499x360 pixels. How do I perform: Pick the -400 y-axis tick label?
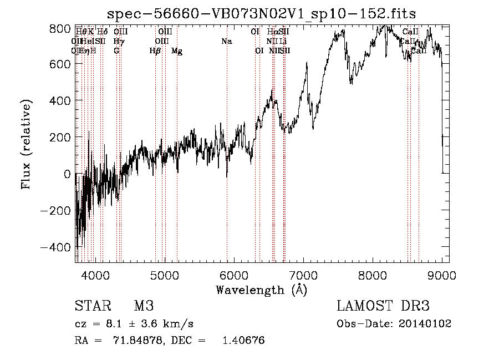point(55,247)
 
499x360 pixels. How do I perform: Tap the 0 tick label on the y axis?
point(67,174)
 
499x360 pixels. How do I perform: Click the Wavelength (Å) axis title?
point(261,290)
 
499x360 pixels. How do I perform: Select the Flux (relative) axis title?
point(27,144)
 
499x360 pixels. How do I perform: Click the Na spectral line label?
point(226,41)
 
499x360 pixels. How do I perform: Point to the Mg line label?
point(177,51)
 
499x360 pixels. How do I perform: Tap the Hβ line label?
point(155,51)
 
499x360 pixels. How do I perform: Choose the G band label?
point(116,51)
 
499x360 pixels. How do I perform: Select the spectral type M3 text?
point(143,306)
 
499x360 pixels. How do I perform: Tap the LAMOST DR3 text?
point(383,306)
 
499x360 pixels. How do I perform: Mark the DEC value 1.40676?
point(243,340)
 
